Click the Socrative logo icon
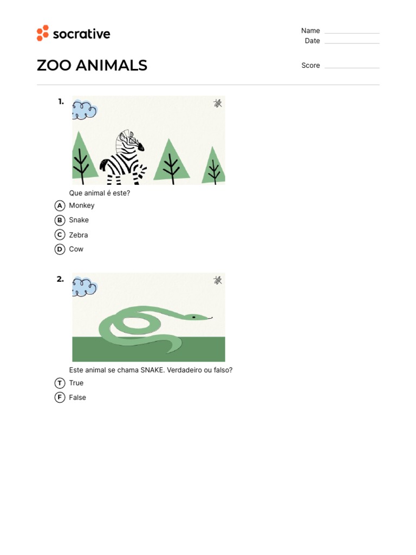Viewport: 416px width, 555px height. pos(43,33)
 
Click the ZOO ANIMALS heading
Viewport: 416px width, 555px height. pos(92,66)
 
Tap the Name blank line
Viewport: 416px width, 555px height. pos(352,33)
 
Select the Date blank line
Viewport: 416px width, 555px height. pos(352,42)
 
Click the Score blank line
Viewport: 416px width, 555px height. pos(352,67)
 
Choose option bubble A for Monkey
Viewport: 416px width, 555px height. pos(60,205)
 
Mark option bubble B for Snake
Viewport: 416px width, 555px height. pos(60,220)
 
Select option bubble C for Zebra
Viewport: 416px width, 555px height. pos(60,235)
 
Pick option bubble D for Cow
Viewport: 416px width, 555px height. pos(60,249)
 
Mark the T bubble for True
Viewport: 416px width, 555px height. pos(60,383)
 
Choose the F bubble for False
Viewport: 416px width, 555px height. pos(60,397)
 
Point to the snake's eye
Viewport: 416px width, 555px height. pos(193,317)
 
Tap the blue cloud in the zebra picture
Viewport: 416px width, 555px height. pos(84,109)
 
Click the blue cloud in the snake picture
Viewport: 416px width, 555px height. pos(84,287)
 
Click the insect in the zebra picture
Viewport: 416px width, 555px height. pos(218,103)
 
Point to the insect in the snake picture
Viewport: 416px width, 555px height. pos(218,280)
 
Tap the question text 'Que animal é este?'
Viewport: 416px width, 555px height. pos(100,193)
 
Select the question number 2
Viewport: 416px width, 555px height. pos(60,279)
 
